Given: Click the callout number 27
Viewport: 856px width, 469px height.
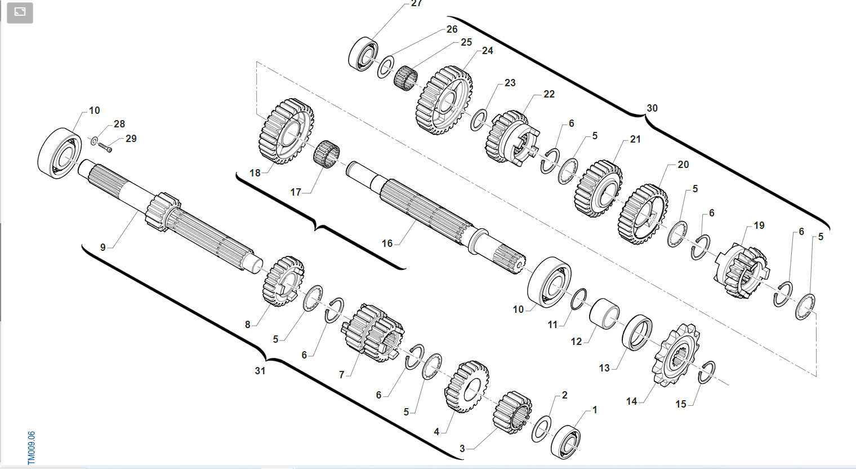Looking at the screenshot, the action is pos(416,3).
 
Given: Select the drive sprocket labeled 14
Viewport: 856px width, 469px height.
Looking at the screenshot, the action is pos(675,355).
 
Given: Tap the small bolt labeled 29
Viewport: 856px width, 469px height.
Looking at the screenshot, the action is pos(105,147).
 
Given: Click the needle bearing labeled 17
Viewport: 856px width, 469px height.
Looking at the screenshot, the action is pos(327,156).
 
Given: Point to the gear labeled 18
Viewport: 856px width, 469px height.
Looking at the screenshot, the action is pos(286,131).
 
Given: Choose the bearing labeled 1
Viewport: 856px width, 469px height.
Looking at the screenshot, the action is pos(565,442).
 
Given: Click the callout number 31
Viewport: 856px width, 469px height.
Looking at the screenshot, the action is pos(260,371).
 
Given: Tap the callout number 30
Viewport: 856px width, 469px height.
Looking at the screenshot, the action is pos(652,108).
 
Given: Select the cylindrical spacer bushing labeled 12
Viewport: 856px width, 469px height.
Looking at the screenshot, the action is pos(604,313).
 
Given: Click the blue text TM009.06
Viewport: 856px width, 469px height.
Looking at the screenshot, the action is pos(32,448).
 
